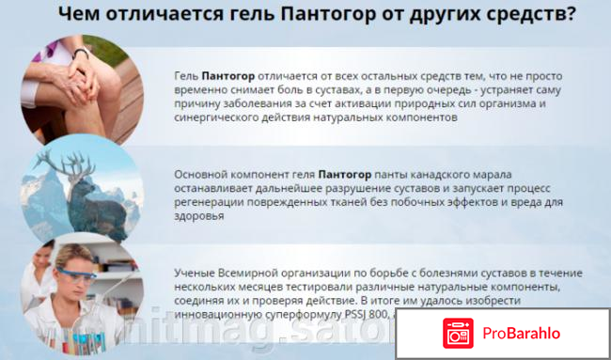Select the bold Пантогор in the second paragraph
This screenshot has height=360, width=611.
tap(345, 174)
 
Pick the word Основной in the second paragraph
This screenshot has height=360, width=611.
tap(203, 174)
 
